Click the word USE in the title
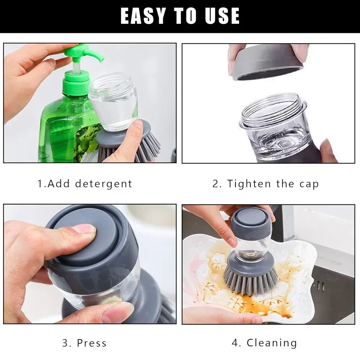click(x=221, y=16)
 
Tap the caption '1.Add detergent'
click(x=85, y=184)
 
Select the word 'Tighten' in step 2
click(x=249, y=184)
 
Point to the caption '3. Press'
click(x=85, y=343)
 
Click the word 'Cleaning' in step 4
click(x=272, y=343)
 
